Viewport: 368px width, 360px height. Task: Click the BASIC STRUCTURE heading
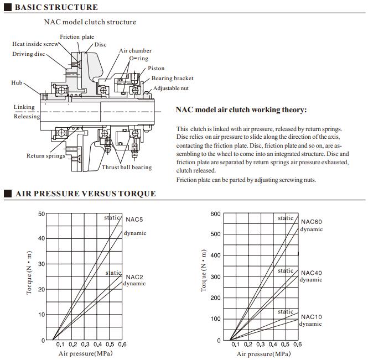(x=55, y=7)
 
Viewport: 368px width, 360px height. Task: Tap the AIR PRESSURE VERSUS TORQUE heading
(x=85, y=194)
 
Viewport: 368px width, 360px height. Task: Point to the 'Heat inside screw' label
(x=35, y=44)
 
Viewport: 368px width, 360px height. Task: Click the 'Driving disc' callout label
(x=29, y=54)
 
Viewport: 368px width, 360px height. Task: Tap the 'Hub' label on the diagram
(x=17, y=82)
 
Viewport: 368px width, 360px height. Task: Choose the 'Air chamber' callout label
(x=135, y=51)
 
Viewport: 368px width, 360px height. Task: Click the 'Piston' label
(x=156, y=69)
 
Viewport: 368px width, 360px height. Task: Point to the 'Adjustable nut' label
(x=170, y=88)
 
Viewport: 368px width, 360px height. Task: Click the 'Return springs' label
(x=45, y=156)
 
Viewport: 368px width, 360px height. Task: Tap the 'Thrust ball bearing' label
(x=126, y=168)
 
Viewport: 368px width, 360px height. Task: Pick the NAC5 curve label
(x=134, y=220)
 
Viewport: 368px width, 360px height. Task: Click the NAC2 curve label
(x=134, y=276)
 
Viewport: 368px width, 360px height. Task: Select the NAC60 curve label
(x=311, y=222)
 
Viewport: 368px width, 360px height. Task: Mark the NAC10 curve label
(x=311, y=317)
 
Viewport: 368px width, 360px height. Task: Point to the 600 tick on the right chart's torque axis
(x=215, y=213)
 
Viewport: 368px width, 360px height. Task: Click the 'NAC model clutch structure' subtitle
(x=90, y=22)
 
